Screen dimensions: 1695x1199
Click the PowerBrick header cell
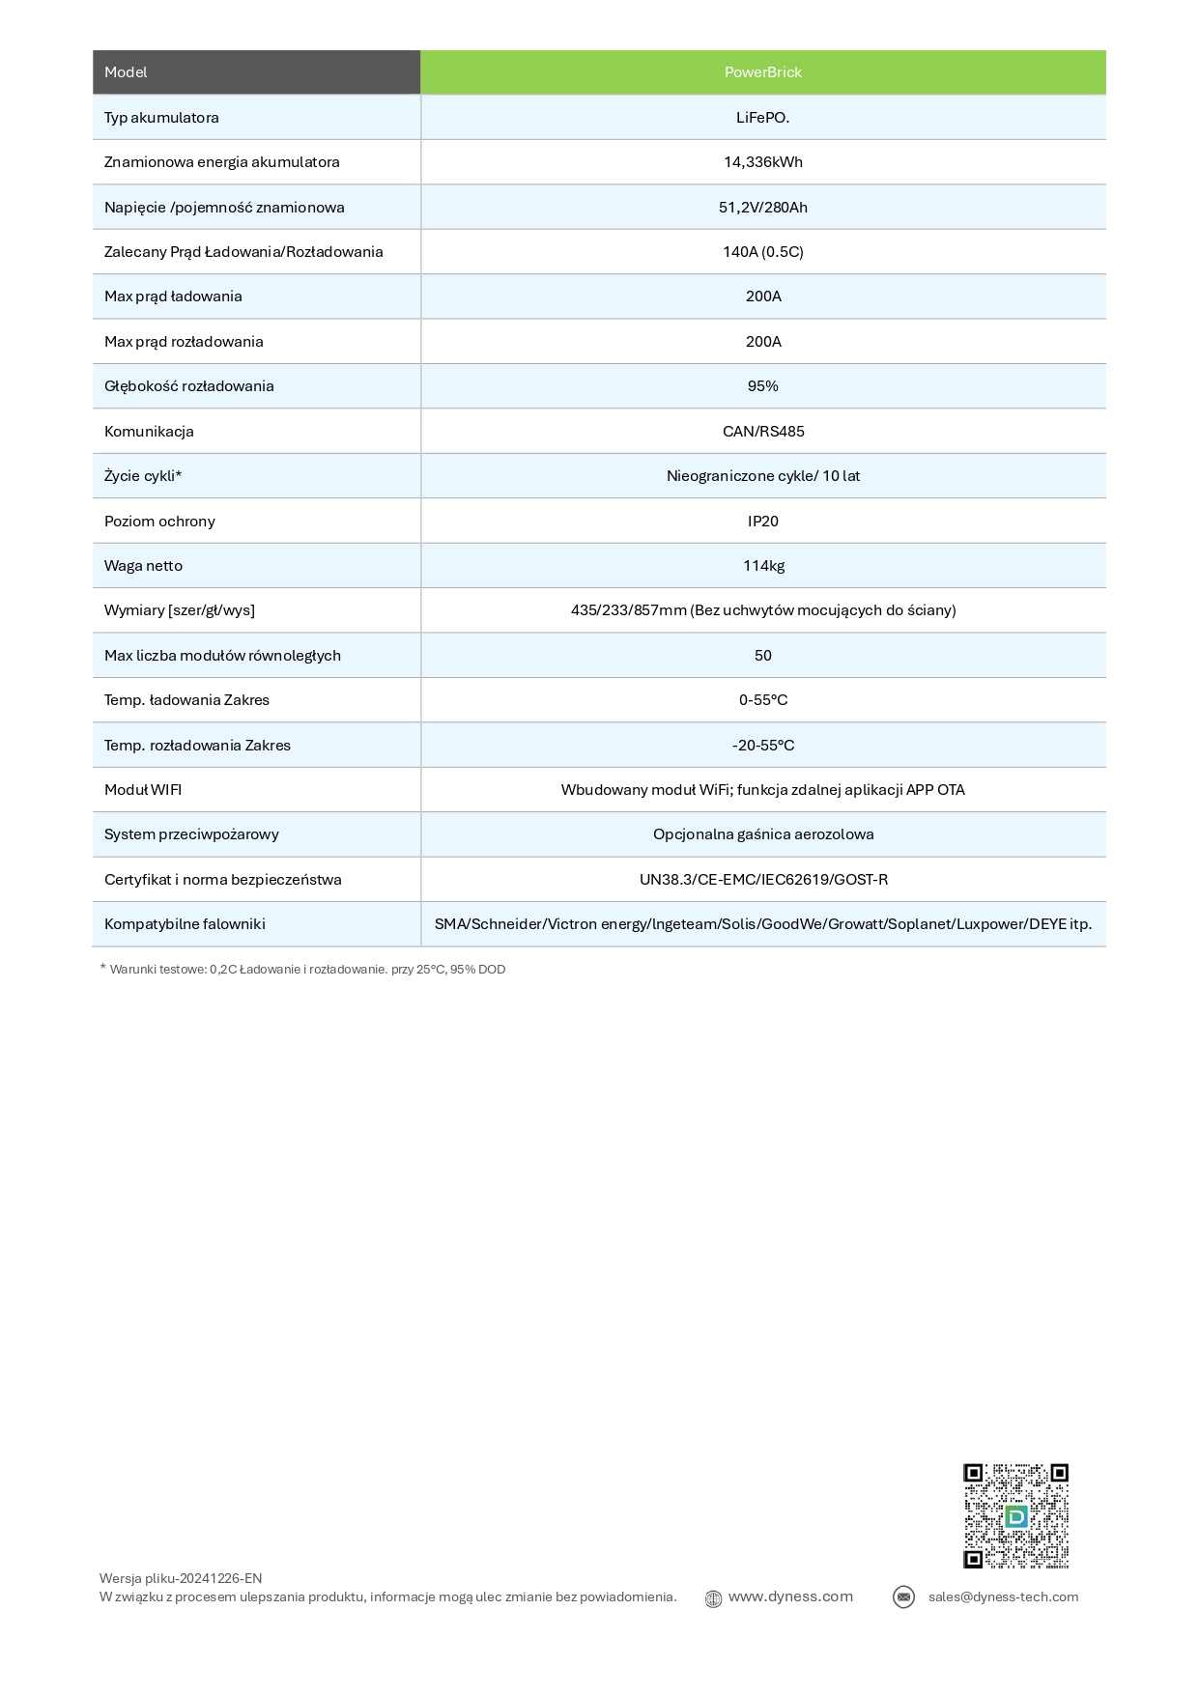(763, 72)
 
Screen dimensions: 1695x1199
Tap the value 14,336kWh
(763, 162)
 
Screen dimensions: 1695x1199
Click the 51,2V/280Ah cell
(763, 208)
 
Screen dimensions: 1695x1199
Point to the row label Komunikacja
(149, 432)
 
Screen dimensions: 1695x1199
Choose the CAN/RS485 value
(763, 432)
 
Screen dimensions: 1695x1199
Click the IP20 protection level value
(763, 522)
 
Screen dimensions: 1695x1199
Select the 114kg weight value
(763, 566)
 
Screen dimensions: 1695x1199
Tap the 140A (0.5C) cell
(763, 252)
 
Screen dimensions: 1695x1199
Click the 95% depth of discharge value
(763, 386)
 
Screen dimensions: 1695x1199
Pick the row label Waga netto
(143, 566)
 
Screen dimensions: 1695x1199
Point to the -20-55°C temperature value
(763, 746)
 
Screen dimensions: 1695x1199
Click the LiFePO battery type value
(763, 118)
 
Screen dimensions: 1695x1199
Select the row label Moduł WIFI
(143, 790)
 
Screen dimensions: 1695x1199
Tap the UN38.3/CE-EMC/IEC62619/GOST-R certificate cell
(763, 880)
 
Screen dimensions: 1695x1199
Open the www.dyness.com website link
(790, 1596)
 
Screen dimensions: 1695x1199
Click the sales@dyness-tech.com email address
(1003, 1596)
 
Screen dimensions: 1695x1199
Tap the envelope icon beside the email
(903, 1597)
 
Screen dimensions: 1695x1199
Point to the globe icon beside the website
(713, 1598)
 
